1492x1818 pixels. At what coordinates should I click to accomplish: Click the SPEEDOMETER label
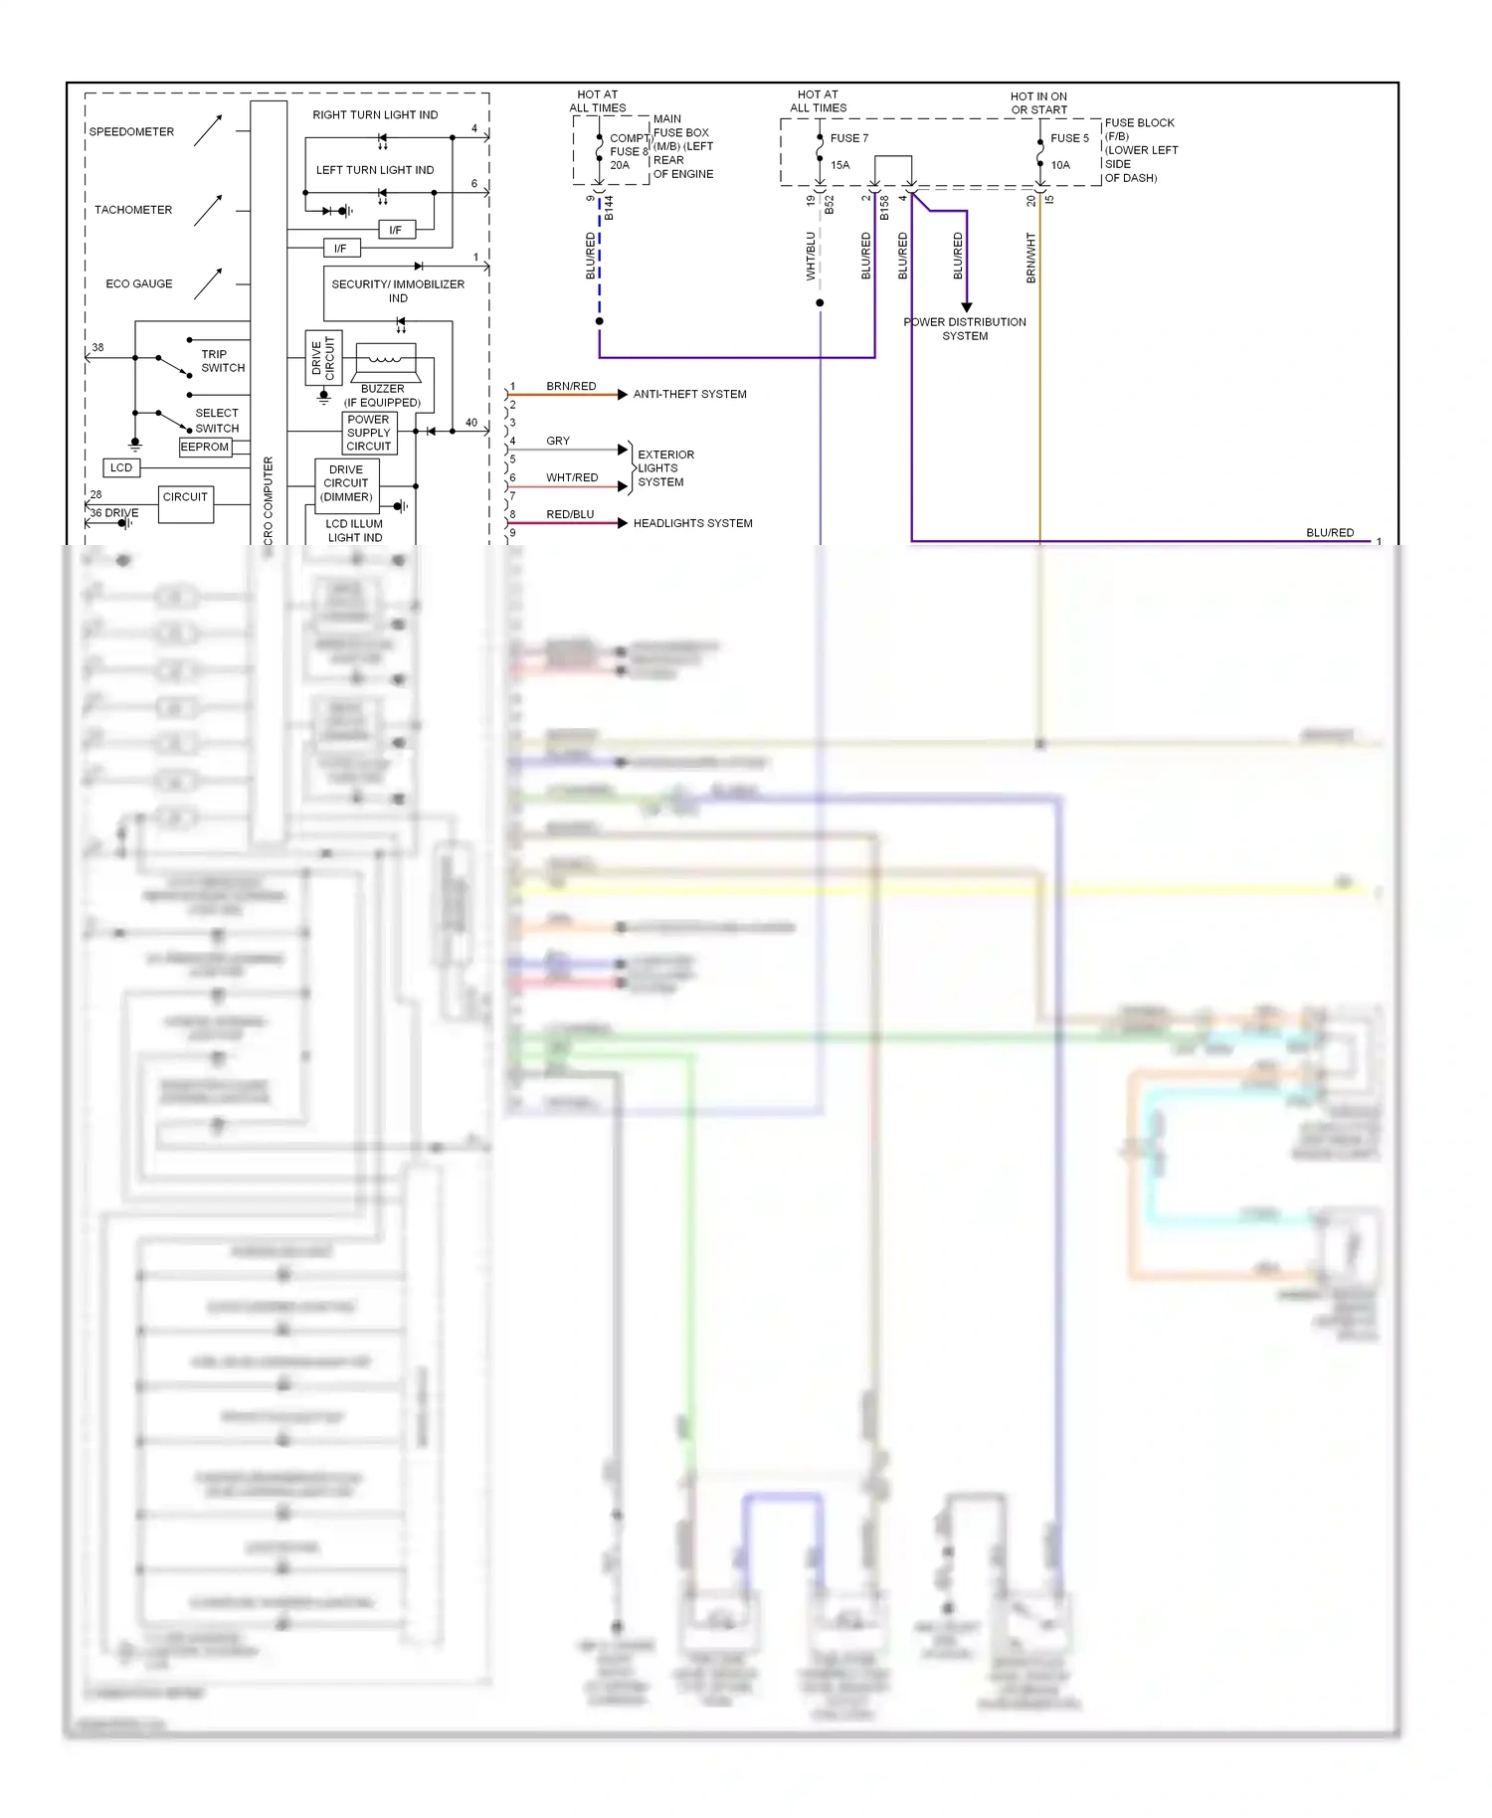click(131, 131)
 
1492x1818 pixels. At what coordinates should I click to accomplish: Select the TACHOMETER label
click(133, 210)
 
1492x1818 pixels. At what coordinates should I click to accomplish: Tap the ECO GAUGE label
click(139, 283)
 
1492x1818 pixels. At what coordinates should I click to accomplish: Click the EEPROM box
click(205, 448)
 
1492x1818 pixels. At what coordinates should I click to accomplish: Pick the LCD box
click(121, 467)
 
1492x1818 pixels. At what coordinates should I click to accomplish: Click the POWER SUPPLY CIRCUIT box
click(369, 433)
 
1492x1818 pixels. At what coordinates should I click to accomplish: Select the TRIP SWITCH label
click(223, 361)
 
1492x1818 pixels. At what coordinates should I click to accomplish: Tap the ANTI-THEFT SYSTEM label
click(689, 395)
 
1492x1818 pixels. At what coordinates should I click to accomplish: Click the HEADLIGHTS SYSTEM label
click(692, 523)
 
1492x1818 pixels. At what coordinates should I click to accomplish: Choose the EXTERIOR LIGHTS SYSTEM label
click(665, 468)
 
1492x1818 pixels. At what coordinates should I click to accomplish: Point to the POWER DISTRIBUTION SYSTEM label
click(965, 329)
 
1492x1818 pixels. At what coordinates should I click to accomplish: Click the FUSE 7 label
click(849, 138)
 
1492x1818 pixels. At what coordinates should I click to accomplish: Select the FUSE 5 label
click(1069, 138)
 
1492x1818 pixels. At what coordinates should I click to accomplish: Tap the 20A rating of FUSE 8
click(620, 166)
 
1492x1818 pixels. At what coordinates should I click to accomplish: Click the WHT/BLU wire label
click(811, 257)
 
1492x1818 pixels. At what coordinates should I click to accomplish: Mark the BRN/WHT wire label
click(1031, 259)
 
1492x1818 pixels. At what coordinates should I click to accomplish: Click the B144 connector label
click(609, 208)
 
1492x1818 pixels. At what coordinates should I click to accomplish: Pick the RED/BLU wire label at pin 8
click(570, 514)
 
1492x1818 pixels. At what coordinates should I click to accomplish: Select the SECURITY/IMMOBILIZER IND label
click(398, 290)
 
